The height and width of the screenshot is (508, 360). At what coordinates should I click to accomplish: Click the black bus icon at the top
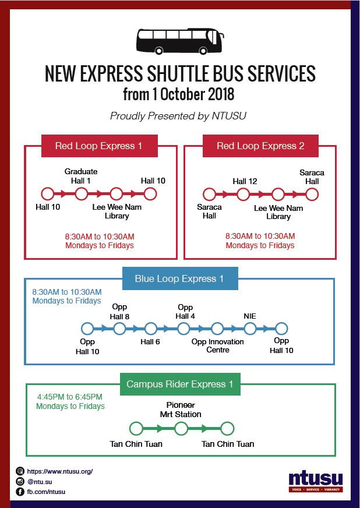pos(180,41)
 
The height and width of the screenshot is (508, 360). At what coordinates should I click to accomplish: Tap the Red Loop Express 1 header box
pos(100,146)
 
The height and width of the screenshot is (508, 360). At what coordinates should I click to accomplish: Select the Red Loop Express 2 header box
pos(260,146)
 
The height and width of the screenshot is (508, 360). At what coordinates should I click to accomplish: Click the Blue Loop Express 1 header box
pos(180,278)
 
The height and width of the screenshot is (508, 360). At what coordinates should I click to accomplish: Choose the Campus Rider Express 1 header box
pos(180,384)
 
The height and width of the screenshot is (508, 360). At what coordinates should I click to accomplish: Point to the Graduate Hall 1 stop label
pos(81,176)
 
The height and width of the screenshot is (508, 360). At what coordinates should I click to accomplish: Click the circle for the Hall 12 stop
pos(243,195)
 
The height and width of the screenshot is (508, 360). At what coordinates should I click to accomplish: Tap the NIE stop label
pos(250,316)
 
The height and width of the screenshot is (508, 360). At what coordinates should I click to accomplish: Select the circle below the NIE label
pos(250,329)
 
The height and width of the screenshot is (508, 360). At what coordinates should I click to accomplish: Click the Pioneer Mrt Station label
pos(181,410)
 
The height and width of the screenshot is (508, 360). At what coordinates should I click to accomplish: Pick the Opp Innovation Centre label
pos(218,345)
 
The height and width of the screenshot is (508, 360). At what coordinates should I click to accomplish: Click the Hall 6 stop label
pos(150,342)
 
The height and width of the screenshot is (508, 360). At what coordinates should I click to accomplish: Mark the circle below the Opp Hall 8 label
pos(119,329)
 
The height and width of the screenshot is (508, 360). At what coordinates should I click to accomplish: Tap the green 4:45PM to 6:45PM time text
pos(69,397)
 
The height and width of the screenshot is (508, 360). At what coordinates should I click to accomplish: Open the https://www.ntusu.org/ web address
pos(60,471)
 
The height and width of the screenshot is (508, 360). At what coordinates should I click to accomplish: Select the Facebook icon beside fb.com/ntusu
pos(20,492)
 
